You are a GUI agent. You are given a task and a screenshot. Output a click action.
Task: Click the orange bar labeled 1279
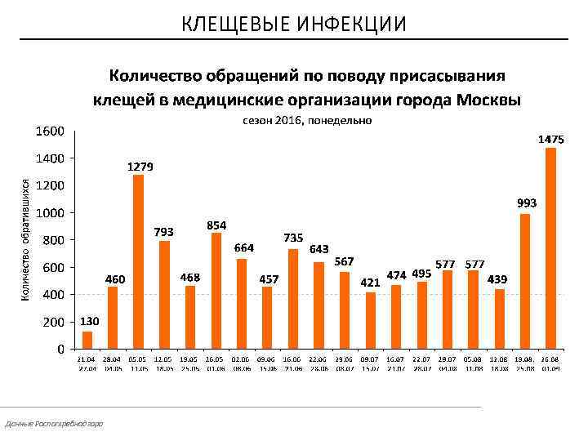click(x=139, y=261)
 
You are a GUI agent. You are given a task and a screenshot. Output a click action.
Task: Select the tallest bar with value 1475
click(x=550, y=248)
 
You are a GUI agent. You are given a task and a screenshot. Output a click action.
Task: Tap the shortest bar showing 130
click(x=87, y=340)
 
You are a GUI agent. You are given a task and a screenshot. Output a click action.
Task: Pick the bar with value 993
click(x=524, y=281)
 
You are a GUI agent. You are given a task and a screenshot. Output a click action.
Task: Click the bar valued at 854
click(x=216, y=291)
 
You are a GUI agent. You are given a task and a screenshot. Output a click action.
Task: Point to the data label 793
click(x=164, y=232)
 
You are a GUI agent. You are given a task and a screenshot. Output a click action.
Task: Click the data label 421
click(x=371, y=283)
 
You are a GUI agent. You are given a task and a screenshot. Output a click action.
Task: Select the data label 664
click(x=244, y=247)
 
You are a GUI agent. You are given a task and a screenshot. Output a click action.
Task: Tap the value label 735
click(x=293, y=237)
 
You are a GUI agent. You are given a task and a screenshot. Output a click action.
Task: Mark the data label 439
click(x=497, y=279)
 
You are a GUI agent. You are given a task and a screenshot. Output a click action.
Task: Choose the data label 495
click(x=421, y=273)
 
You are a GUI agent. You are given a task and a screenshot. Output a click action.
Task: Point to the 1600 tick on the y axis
click(x=50, y=131)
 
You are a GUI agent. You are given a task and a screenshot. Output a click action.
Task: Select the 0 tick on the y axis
click(x=60, y=350)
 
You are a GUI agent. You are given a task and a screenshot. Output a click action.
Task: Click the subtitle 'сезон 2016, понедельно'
click(x=307, y=121)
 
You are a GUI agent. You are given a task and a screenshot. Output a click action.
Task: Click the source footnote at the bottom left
click(x=54, y=423)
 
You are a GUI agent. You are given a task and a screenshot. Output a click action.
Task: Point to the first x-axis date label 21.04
click(x=86, y=359)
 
